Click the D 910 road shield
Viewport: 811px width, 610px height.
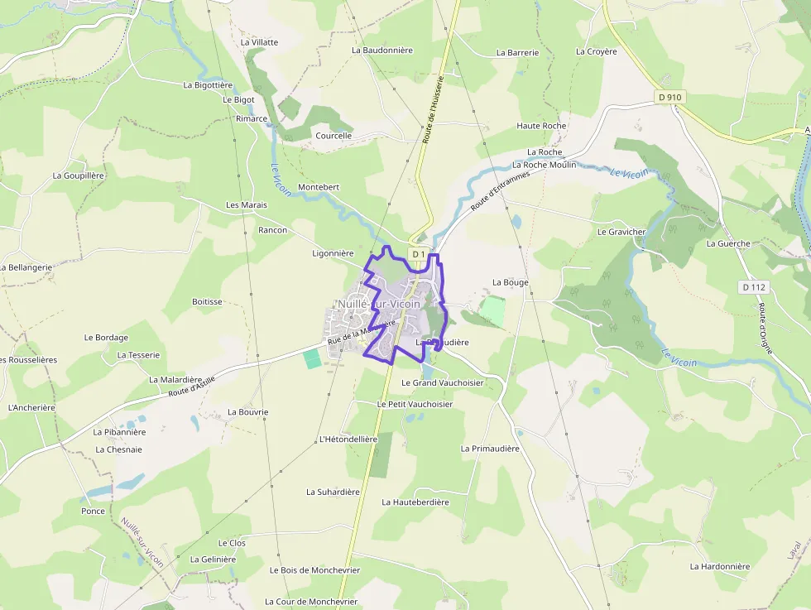[669, 97]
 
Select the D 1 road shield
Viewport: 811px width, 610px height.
[419, 253]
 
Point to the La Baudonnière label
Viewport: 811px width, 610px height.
[382, 50]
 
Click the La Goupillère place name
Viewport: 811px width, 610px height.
[79, 175]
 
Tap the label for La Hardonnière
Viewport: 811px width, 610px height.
[719, 566]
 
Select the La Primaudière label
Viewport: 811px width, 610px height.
[490, 448]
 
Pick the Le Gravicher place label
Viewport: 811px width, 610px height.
[621, 232]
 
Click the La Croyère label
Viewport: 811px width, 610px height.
[597, 51]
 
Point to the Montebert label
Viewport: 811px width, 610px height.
[319, 187]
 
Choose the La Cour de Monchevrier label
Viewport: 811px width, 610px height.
[311, 602]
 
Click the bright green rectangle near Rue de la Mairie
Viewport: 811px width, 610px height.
[312, 358]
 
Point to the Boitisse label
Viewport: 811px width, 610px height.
[207, 302]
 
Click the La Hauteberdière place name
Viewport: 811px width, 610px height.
[415, 502]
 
